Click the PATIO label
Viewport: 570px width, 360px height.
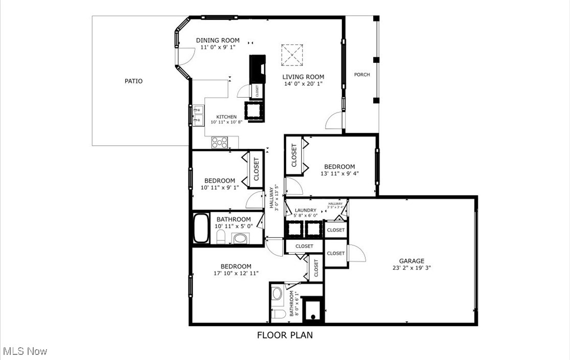133,81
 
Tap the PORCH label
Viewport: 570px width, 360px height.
362,75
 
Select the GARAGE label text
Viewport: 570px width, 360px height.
412,261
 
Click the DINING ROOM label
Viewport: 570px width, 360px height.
218,40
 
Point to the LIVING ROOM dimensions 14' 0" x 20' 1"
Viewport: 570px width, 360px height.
304,84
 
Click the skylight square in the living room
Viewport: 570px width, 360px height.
292,55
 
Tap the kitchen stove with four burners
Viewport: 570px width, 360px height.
219,142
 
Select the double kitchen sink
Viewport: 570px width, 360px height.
198,116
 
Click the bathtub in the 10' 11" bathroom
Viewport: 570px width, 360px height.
200,229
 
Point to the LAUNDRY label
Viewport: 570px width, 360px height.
305,210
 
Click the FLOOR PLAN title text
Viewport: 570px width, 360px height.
285,335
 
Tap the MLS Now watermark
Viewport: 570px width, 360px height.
25,351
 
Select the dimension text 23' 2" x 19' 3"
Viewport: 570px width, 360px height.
412,267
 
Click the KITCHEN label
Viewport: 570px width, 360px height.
226,117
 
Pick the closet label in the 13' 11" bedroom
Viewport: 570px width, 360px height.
294,155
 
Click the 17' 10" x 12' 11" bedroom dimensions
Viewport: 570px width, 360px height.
236,273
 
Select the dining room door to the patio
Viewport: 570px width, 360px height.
186,55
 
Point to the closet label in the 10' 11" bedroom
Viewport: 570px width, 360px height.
256,169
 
